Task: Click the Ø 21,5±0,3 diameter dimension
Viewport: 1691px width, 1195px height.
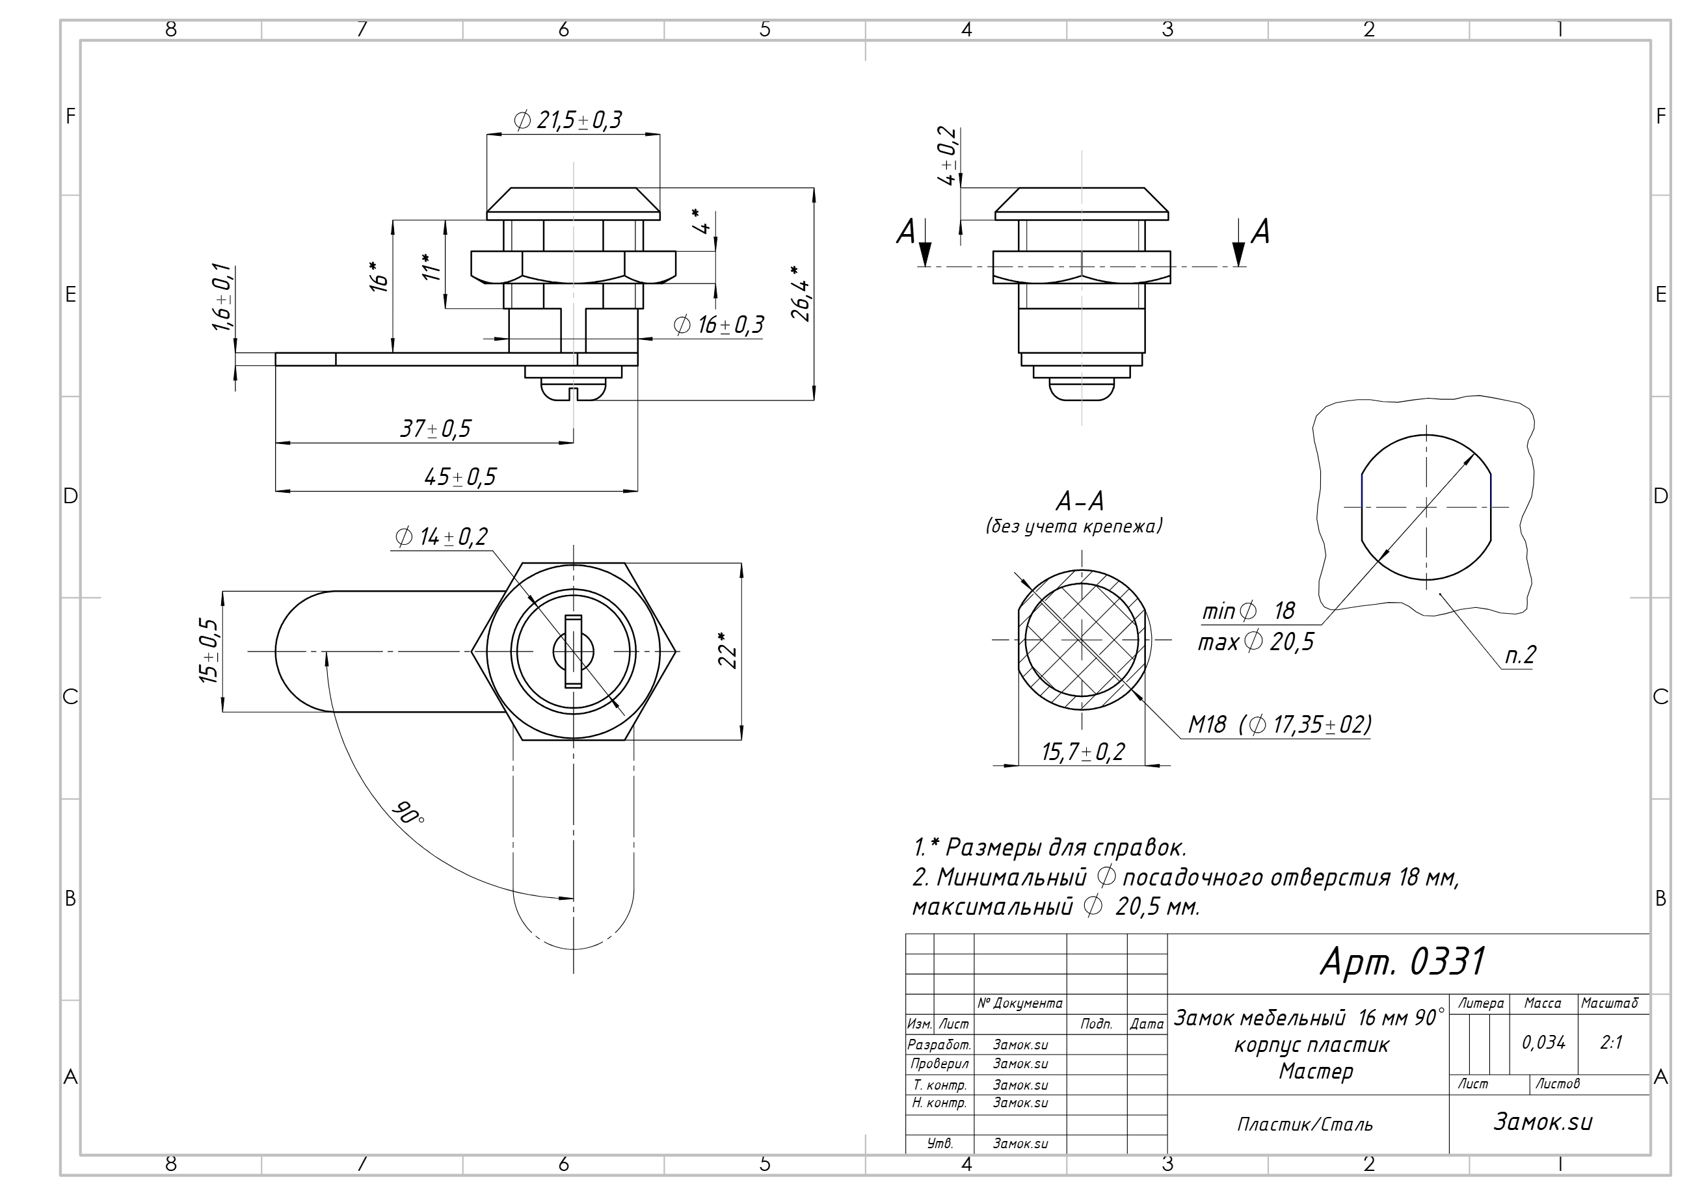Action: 568,120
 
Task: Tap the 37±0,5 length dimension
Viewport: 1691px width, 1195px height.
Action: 435,428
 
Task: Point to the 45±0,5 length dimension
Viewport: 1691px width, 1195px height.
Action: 460,477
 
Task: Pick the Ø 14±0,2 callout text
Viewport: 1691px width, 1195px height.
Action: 442,537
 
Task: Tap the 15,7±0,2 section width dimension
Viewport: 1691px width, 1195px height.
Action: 1084,752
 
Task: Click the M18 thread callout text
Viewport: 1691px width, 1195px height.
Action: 1208,725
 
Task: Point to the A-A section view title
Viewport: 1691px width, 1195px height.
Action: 1080,502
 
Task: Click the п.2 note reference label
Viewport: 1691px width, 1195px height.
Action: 1520,655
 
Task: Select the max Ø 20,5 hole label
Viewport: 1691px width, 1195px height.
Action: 1256,642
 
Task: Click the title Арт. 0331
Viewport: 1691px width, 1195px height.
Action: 1403,961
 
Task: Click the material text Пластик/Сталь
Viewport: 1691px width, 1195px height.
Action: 1305,1124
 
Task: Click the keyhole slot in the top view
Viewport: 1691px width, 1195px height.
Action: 573,651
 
